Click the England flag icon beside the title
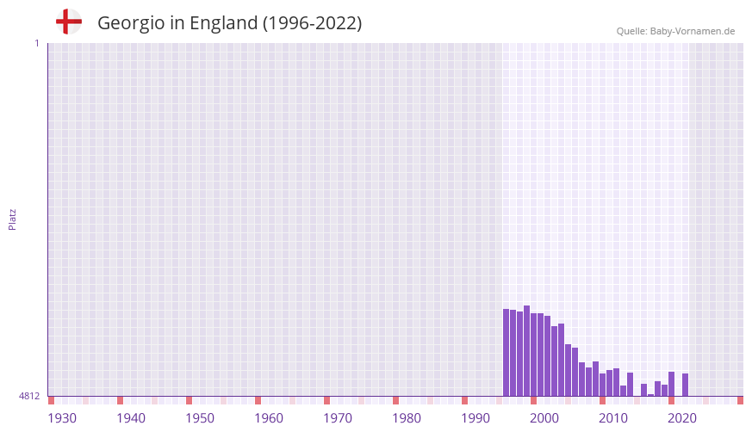(68, 22)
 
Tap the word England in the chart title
(222, 23)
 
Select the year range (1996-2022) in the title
(312, 23)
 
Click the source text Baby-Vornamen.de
(693, 31)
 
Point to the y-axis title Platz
(12, 219)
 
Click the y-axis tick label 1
(36, 43)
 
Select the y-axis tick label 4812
(29, 397)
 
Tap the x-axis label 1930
(62, 418)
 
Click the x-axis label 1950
(200, 418)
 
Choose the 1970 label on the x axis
(338, 418)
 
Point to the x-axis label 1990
(475, 418)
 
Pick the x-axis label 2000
(544, 418)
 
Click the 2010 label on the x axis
(613, 418)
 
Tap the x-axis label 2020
(682, 418)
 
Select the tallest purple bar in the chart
(526, 351)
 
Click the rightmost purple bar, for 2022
(685, 385)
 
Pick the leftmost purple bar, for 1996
(506, 353)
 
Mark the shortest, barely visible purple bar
(650, 395)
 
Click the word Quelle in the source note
(631, 31)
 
